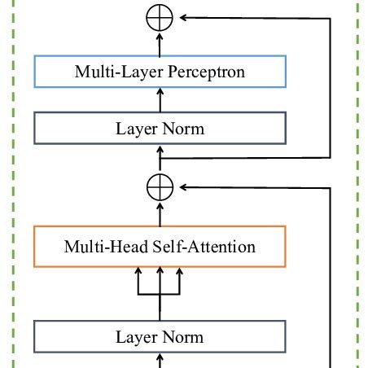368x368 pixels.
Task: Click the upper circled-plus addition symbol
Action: tap(160, 16)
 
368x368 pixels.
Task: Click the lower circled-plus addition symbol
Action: tap(160, 186)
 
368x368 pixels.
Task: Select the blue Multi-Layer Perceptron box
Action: tap(160, 72)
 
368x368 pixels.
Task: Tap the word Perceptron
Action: tap(207, 72)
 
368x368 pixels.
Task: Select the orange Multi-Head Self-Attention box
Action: tap(160, 247)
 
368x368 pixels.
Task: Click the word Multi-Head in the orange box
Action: tap(107, 247)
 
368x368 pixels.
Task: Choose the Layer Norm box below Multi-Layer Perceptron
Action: tap(160, 129)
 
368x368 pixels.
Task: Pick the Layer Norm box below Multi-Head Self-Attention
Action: tap(160, 337)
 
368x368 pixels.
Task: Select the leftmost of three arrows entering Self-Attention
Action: tap(139, 281)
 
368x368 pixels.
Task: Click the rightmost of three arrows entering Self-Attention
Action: tap(180, 281)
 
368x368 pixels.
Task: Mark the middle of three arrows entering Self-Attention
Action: tap(160, 281)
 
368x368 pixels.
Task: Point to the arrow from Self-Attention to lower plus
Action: tap(160, 211)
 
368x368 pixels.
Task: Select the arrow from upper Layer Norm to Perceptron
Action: tap(160, 100)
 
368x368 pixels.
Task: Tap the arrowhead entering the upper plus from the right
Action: tap(182, 16)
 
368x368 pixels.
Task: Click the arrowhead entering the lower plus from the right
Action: tap(182, 186)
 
